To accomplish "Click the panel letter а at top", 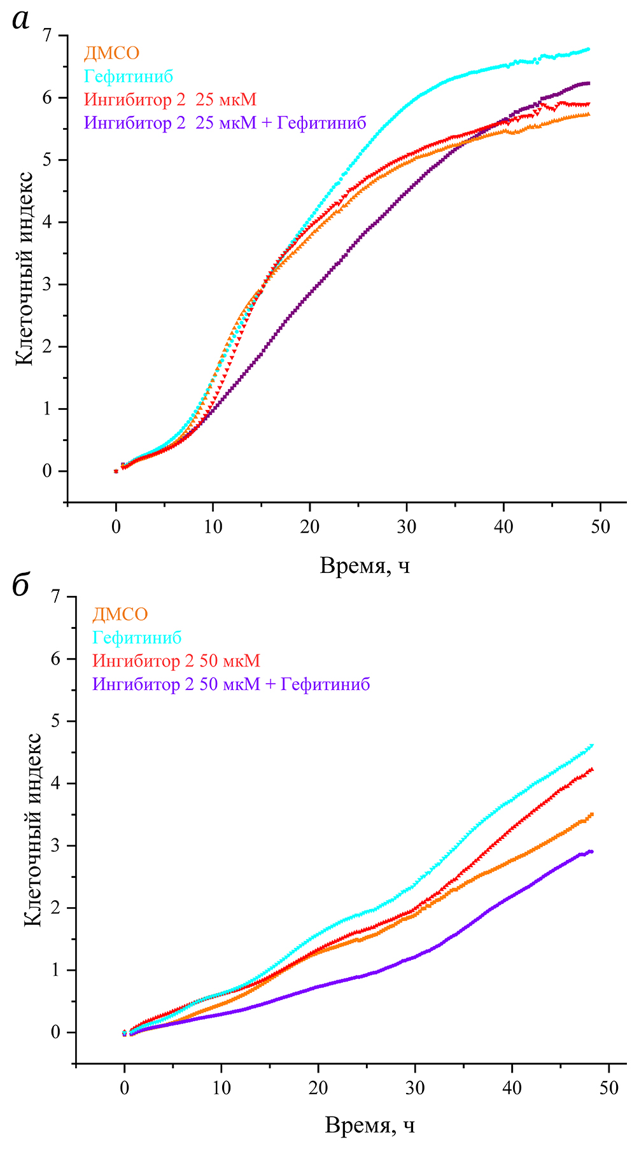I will pos(21,20).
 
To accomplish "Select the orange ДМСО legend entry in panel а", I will pos(111,53).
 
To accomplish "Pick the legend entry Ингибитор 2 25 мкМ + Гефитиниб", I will pos(225,123).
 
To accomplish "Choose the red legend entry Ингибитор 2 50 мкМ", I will pos(176,661).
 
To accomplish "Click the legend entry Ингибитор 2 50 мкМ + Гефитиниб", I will pos(231,684).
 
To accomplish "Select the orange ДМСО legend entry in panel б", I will pos(120,614).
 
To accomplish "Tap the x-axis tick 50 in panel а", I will pos(600,527).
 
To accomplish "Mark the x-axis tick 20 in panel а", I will pos(310,527).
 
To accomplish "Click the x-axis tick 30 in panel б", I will pos(415,1088).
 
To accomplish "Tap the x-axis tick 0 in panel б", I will pos(125,1088).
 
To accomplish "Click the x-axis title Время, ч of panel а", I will pos(365,565).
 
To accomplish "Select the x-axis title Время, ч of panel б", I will pos(370,1126).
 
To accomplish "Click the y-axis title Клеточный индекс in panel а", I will pos(24,267).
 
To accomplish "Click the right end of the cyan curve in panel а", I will pos(588,49).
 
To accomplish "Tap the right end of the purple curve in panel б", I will pos(592,852).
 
